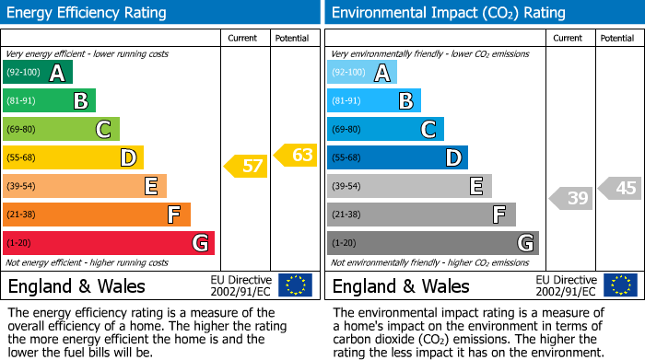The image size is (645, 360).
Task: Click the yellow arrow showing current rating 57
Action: pos(245,167)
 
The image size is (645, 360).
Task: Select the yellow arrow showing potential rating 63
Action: pos(296,155)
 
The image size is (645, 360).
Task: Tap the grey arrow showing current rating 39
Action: pos(571,197)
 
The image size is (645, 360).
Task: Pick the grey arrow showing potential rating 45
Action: pos(620,188)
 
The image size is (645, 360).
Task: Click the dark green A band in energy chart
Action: pos(38,73)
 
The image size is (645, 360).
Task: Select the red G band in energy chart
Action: pos(109,243)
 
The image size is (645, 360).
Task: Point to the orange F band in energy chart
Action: pos(97,215)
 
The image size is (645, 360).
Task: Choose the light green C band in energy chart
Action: pos(61,130)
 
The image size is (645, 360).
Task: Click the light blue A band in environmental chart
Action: pos(362,73)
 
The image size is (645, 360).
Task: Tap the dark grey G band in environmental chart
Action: pos(432,243)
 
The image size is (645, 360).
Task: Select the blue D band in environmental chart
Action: pos(397,157)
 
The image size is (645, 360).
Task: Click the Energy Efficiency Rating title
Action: pos(87,13)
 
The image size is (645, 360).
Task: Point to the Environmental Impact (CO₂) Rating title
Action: pos(448,13)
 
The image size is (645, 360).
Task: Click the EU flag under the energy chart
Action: pos(295,285)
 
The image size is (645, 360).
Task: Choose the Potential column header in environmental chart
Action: pos(618,38)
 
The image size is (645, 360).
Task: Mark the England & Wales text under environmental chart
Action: pos(400,285)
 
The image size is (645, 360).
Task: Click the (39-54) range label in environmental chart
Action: pos(347,187)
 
